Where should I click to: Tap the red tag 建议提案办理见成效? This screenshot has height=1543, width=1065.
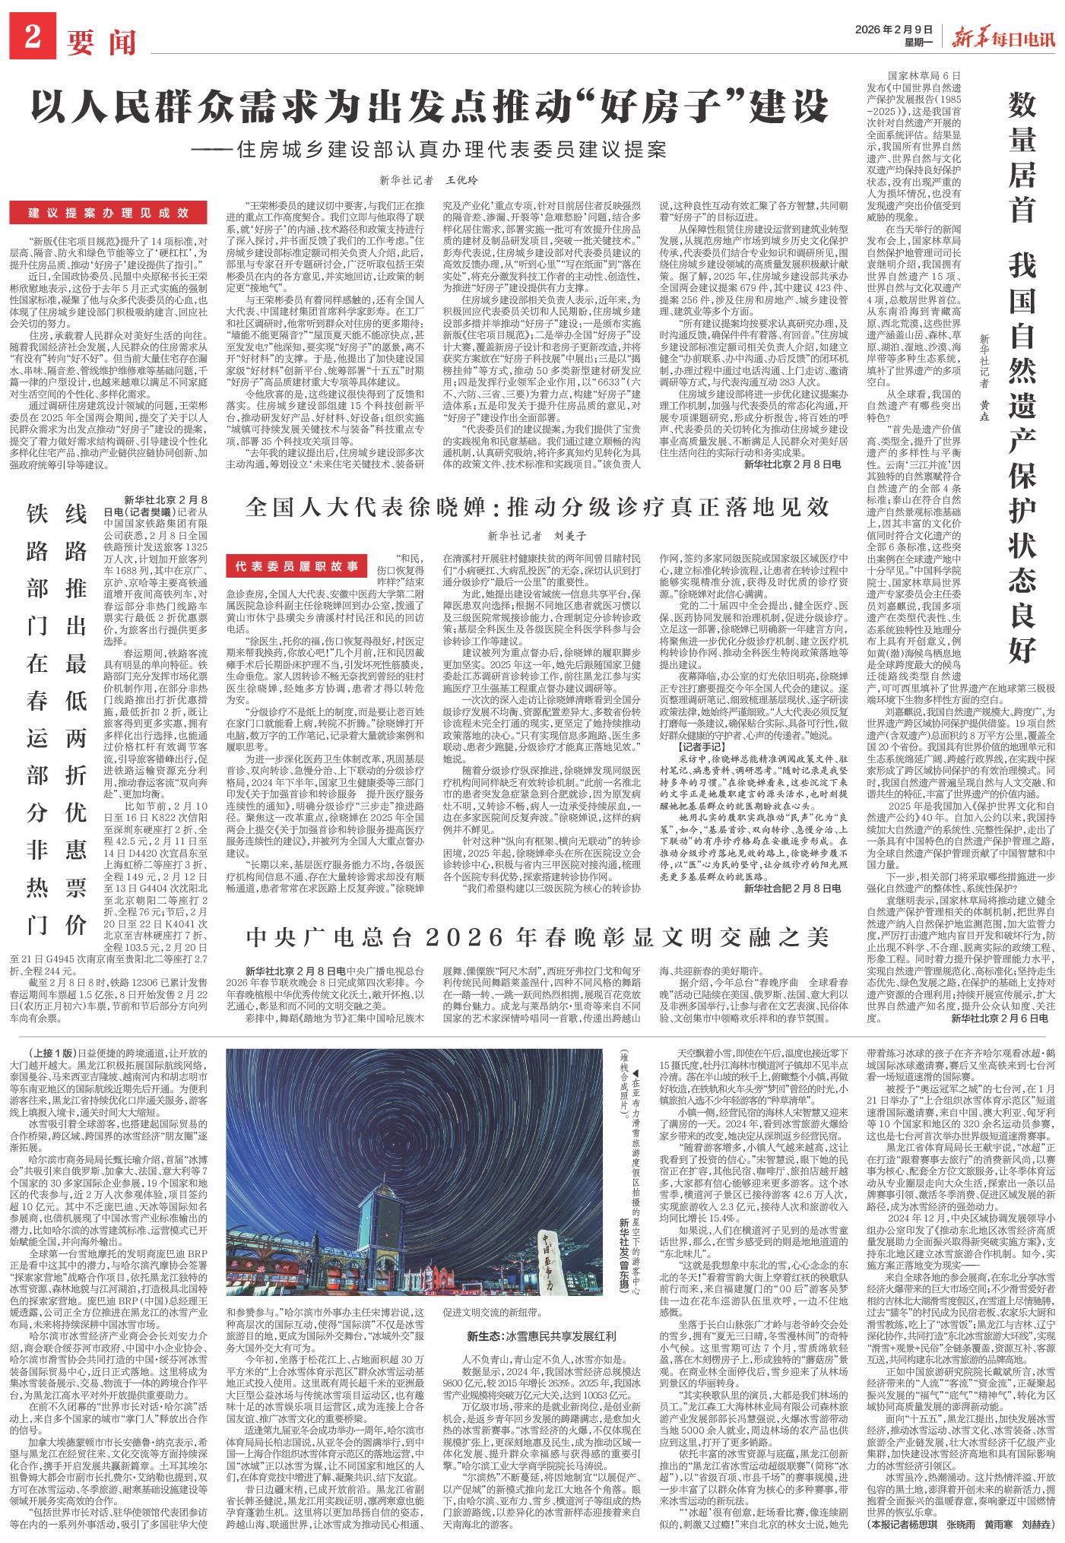109,213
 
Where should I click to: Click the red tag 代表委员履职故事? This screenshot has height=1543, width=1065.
302,567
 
